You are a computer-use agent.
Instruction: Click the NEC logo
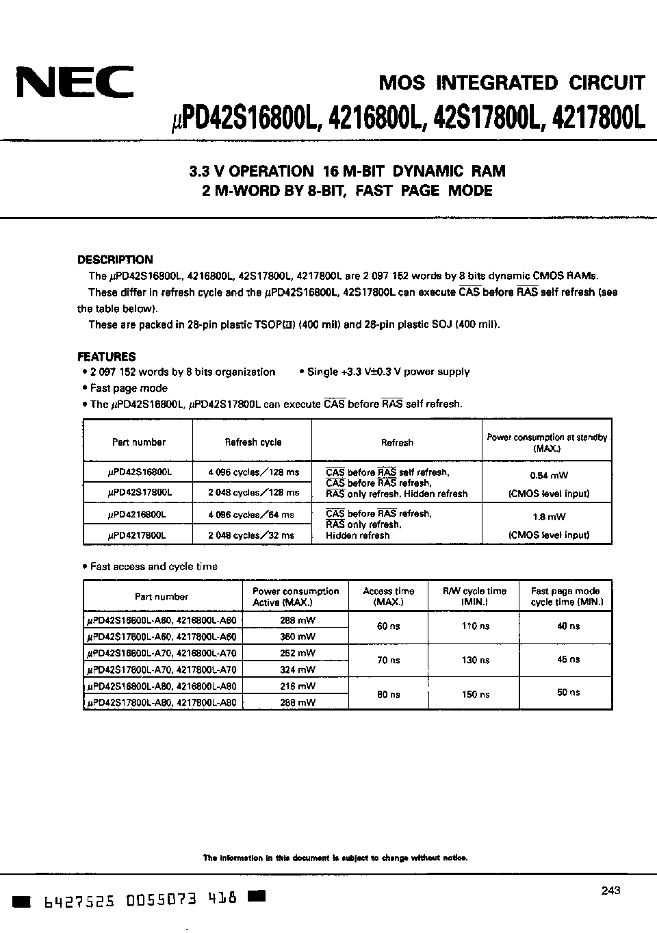pyautogui.click(x=75, y=84)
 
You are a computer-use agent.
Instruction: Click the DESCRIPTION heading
pyautogui.click(x=115, y=259)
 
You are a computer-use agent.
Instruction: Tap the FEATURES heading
pyautogui.click(x=106, y=356)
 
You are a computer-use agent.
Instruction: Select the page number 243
pyautogui.click(x=610, y=890)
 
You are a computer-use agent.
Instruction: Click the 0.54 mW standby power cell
pyautogui.click(x=549, y=475)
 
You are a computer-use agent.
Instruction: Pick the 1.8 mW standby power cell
pyautogui.click(x=549, y=517)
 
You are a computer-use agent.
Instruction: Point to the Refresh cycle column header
pyautogui.click(x=253, y=442)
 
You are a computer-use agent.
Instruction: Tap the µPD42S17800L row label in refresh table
pyautogui.click(x=140, y=492)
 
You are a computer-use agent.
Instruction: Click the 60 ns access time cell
pyautogui.click(x=388, y=626)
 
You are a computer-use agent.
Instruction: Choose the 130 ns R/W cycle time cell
pyautogui.click(x=475, y=660)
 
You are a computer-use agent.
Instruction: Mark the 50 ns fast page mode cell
pyautogui.click(x=568, y=692)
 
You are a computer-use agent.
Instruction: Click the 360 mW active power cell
pyautogui.click(x=297, y=635)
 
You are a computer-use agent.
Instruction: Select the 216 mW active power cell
pyautogui.click(x=297, y=685)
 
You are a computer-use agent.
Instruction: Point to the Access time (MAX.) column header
pyautogui.click(x=388, y=596)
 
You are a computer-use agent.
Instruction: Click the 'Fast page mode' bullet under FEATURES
pyautogui.click(x=129, y=388)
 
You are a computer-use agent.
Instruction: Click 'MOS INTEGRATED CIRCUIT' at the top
pyautogui.click(x=511, y=84)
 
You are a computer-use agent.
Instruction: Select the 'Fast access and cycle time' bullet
pyautogui.click(x=153, y=566)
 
